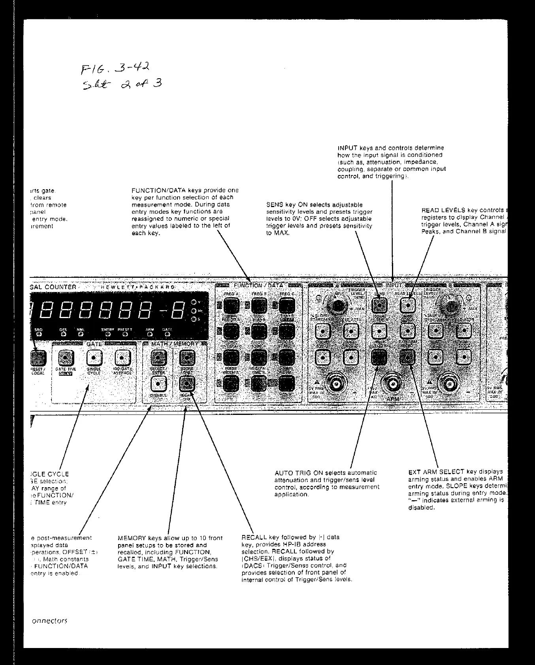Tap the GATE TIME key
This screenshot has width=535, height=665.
click(x=66, y=358)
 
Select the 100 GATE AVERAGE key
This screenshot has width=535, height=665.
click(x=122, y=358)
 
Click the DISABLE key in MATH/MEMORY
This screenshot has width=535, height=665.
click(x=158, y=383)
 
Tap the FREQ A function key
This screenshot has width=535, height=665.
click(x=232, y=305)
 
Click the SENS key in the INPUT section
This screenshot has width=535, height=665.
click(x=379, y=305)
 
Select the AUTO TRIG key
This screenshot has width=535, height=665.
click(x=379, y=357)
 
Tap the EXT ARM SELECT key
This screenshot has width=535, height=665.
click(x=407, y=357)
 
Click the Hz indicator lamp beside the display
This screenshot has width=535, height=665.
click(x=194, y=311)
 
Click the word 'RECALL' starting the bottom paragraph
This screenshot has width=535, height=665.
click(x=254, y=537)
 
